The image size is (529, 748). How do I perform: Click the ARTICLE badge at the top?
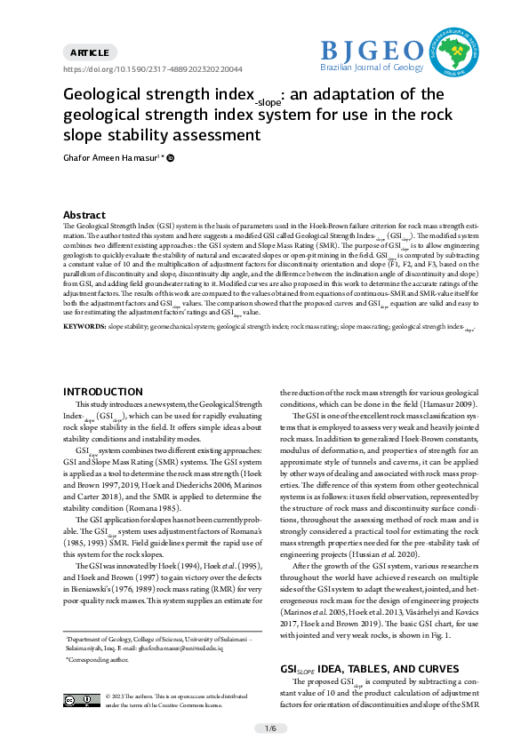[x=91, y=52]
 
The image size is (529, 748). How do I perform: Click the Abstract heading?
[x=84, y=215]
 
